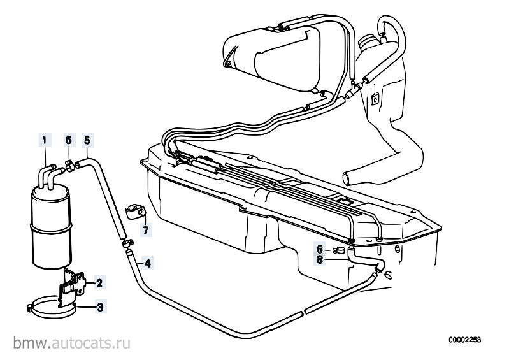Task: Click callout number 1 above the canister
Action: point(45,140)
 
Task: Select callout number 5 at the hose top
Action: point(87,140)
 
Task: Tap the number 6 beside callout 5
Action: point(68,140)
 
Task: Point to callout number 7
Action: point(145,230)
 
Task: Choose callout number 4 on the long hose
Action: point(148,263)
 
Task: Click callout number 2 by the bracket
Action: point(99,283)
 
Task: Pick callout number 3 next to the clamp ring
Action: point(100,306)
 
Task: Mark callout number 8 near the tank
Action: point(320,260)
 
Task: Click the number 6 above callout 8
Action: point(320,249)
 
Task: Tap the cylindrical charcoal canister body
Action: point(50,227)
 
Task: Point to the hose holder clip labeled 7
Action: point(135,211)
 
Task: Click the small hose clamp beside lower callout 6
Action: point(339,250)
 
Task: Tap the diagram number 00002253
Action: point(465,340)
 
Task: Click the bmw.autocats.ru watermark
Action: point(72,343)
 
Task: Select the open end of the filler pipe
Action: point(347,180)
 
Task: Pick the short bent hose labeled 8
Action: point(365,261)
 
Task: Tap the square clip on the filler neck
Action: point(375,99)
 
